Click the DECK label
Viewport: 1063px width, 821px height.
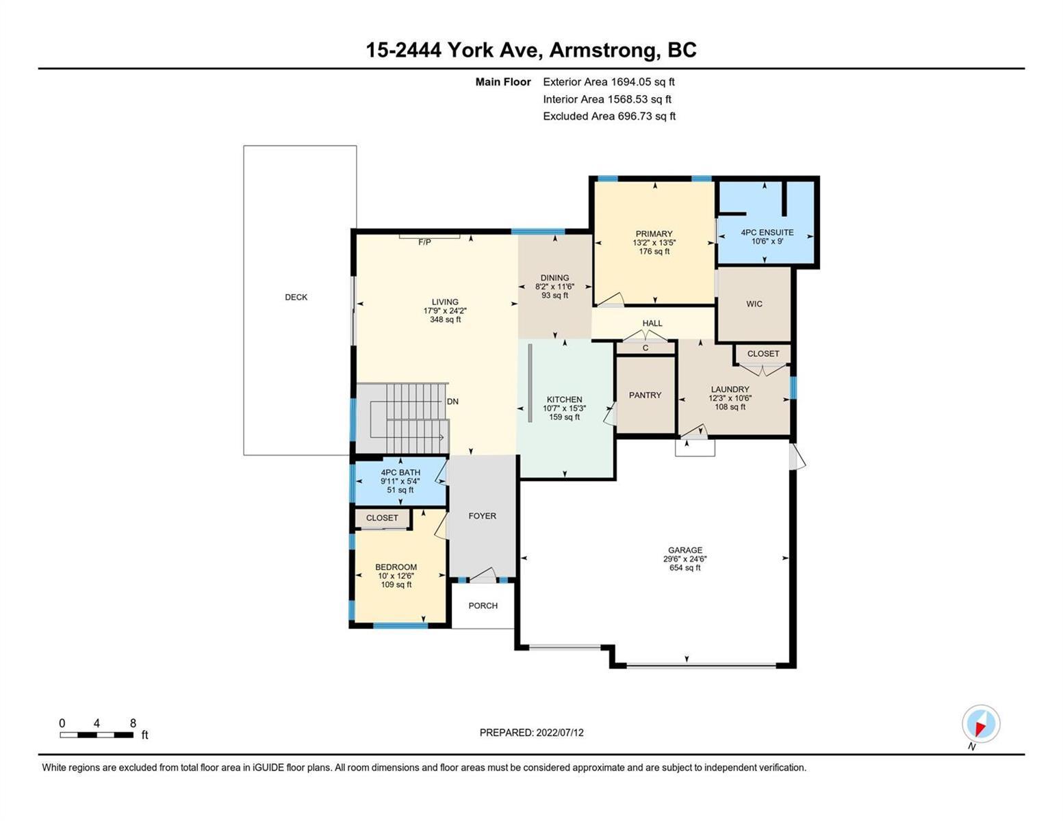pyautogui.click(x=296, y=297)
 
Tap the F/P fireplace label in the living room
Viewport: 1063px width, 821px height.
pyautogui.click(x=424, y=242)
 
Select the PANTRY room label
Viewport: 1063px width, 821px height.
pyautogui.click(x=645, y=395)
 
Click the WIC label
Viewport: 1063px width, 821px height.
pyautogui.click(x=754, y=304)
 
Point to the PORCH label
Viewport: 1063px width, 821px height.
pyautogui.click(x=483, y=605)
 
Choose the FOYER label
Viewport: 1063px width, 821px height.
pyautogui.click(x=482, y=516)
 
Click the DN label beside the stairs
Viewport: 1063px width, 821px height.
pyautogui.click(x=452, y=402)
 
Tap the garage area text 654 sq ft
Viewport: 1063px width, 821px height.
pyautogui.click(x=685, y=568)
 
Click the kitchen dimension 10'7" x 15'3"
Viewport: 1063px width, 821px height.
pyautogui.click(x=564, y=408)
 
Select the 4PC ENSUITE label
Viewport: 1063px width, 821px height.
pyautogui.click(x=767, y=233)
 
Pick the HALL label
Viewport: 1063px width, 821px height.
pyautogui.click(x=652, y=323)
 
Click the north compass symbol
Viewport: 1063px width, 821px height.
pyautogui.click(x=981, y=724)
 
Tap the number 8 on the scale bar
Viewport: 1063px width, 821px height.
pyautogui.click(x=133, y=723)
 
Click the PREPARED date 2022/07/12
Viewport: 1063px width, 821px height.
pyautogui.click(x=560, y=733)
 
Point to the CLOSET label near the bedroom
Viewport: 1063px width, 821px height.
pyautogui.click(x=382, y=518)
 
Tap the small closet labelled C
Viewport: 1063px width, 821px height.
pyautogui.click(x=645, y=348)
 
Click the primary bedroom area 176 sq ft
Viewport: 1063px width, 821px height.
pyautogui.click(x=654, y=251)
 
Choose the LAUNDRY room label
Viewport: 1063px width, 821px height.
pyautogui.click(x=730, y=389)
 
